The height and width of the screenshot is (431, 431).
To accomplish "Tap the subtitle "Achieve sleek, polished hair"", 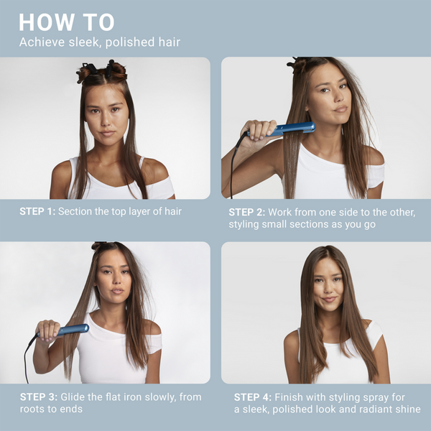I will [x=99, y=42].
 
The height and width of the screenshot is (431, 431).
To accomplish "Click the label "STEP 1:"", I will [x=37, y=212].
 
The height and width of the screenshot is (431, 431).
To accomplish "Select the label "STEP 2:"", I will [x=246, y=212].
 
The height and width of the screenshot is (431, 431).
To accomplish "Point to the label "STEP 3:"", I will [x=37, y=397].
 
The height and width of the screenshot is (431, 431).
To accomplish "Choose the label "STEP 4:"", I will [x=251, y=397].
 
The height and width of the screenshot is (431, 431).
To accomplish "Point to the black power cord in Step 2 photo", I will [x=233, y=165].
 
